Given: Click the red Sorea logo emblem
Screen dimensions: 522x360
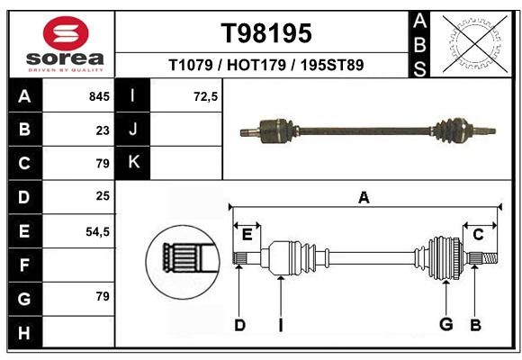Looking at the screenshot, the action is point(66,33).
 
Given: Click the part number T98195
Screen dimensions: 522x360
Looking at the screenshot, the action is point(266,33).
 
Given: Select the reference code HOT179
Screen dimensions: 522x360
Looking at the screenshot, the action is point(256,65).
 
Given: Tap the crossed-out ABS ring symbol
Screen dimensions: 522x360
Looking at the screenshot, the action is point(475,44).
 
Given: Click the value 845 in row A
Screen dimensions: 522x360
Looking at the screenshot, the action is point(99,96).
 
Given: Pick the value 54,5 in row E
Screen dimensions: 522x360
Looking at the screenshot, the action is point(97,231).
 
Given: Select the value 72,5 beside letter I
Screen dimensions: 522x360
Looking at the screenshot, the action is point(206,96).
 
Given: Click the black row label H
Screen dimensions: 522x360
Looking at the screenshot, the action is point(25,332).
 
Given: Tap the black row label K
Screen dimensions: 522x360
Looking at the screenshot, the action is point(133,163).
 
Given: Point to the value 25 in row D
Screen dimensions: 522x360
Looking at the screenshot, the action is point(103,196).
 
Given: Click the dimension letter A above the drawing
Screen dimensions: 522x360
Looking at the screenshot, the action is point(364,198).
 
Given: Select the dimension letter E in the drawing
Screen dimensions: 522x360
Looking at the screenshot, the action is point(247,235).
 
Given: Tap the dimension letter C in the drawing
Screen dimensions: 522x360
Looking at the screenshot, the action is point(478,235).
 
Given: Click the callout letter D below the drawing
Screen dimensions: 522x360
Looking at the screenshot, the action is point(240,325).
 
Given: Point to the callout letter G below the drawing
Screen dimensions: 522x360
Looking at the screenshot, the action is point(446,324).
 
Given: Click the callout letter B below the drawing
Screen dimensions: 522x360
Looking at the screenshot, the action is point(475,325).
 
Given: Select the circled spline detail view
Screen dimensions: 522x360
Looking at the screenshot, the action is point(183,262).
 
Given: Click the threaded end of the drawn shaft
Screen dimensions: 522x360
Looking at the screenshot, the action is point(490,257).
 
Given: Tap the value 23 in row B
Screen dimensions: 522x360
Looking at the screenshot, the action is point(103,130).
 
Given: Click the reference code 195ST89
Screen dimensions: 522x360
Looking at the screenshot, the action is point(332,65).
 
